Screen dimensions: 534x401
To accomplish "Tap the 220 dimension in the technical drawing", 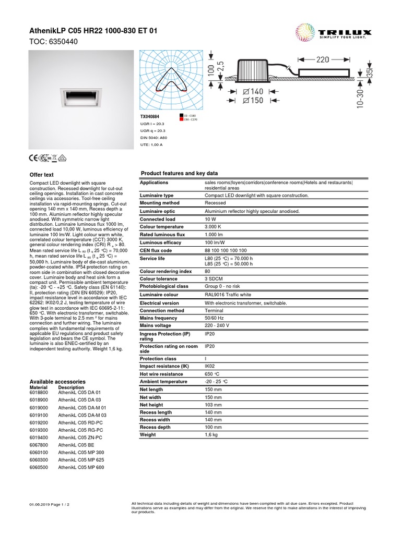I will pyautogui.click(x=322, y=59).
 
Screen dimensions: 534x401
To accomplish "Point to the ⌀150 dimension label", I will pyautogui.click(x=249, y=100).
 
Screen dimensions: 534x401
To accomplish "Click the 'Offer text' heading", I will pyautogui.click(x=42, y=175).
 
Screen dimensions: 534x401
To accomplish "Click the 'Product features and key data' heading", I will pyautogui.click(x=180, y=173).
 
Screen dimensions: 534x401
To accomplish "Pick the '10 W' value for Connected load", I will pyautogui.click(x=210, y=219).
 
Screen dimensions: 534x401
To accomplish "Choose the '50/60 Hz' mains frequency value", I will pyautogui.click(x=215, y=318).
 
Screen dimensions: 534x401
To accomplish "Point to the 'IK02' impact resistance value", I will pyautogui.click(x=210, y=367).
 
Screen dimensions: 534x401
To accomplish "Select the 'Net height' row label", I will pyautogui.click(x=151, y=405).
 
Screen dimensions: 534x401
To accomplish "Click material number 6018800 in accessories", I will pyautogui.click(x=39, y=392).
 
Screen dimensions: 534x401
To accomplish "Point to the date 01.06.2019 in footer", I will pyautogui.click(x=40, y=505).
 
